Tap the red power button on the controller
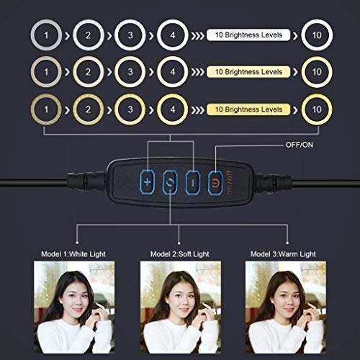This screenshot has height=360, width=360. point(215,181)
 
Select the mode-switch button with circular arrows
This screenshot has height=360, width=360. point(170,181)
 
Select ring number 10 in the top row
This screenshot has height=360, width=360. point(317,35)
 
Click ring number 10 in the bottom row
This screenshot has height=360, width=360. point(317,109)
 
